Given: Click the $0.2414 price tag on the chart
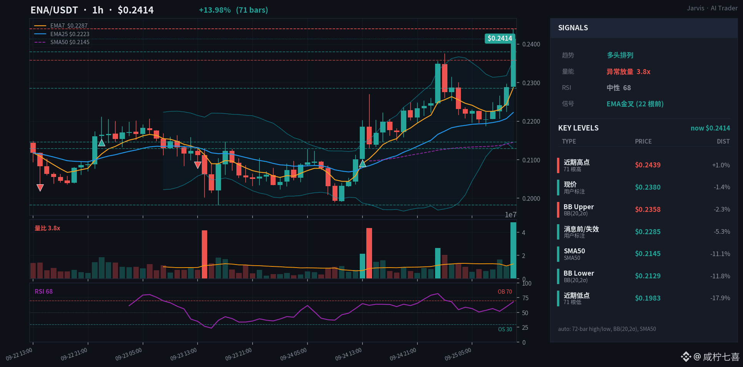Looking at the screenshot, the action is pos(500,38).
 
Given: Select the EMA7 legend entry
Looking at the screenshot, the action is pos(62,26).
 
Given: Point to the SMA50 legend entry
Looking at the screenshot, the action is pos(62,42).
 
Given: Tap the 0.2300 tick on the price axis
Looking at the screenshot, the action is pos(531,83).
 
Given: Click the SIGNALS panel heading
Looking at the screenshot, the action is pos(573,28).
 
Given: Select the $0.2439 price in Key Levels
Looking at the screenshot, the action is pos(648,165).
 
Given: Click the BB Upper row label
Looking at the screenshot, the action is pos(578,207).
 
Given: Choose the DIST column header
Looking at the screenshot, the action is pos(723,141).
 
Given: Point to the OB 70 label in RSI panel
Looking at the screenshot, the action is pos(505,292).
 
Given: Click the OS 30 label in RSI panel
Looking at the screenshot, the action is pos(505,329).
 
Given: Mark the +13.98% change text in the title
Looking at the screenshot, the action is pos(215,10).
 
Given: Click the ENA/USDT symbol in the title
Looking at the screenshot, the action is pos(54,10).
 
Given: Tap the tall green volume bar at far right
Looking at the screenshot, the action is pos(513,250).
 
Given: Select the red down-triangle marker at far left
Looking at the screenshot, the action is pos(40,188).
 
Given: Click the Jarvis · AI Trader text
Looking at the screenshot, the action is pos(712,8).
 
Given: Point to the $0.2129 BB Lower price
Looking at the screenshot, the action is pos(648,276).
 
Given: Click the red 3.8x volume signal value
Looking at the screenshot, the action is pos(643,72).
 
